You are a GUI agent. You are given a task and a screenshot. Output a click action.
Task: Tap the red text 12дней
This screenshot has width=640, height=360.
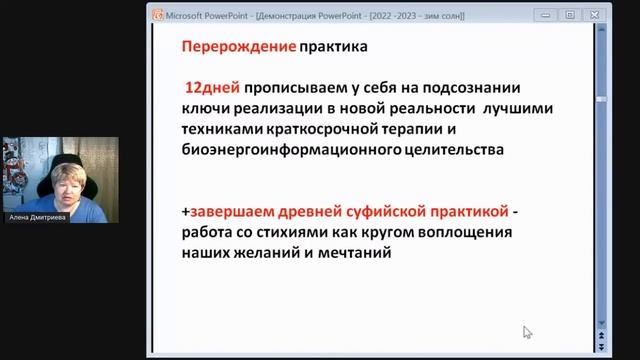[x=210, y=88]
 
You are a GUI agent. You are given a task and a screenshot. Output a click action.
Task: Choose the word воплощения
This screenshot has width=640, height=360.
[x=460, y=234]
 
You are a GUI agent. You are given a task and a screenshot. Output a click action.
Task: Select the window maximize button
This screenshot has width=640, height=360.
[x=570, y=15]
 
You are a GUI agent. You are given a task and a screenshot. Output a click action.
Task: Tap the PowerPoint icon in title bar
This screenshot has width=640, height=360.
[x=157, y=15]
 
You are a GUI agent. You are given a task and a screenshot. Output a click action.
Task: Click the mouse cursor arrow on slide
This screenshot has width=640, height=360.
[x=527, y=332]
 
